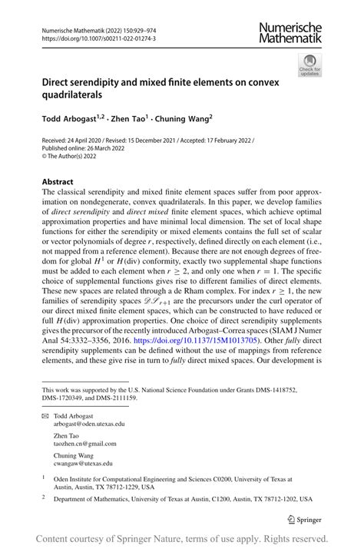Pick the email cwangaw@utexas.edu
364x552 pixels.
coord(83,464)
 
